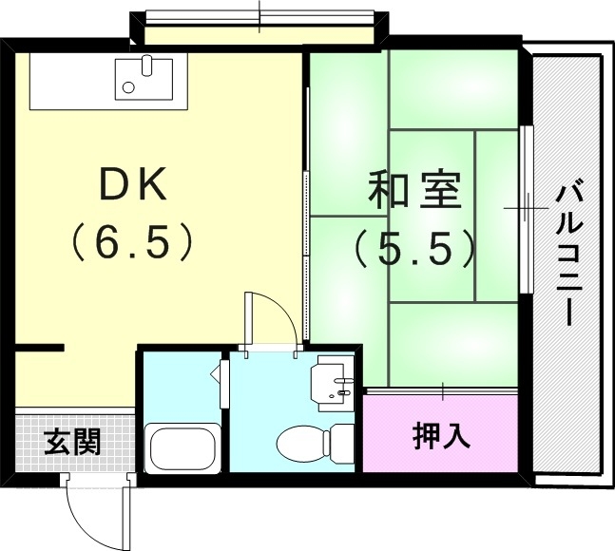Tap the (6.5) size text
(x=134, y=242)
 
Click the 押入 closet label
(x=441, y=436)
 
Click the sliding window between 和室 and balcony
(x=526, y=207)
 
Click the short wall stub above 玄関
(x=40, y=348)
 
